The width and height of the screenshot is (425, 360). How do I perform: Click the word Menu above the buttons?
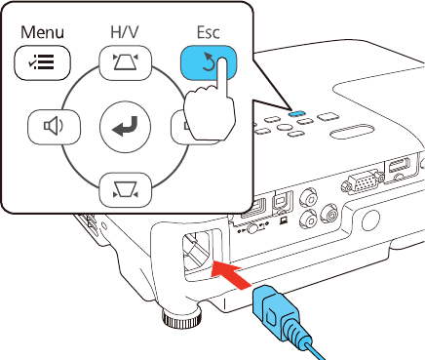pyautogui.click(x=42, y=32)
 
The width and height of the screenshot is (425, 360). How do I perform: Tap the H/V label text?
pyautogui.click(x=125, y=32)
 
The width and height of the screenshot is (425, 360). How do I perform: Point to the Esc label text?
pyautogui.click(x=209, y=32)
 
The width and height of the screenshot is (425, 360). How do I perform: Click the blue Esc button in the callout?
pyautogui.click(x=209, y=62)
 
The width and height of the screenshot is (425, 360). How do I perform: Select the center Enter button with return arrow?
pyautogui.click(x=125, y=127)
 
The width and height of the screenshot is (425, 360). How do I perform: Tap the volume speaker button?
pyautogui.click(x=54, y=127)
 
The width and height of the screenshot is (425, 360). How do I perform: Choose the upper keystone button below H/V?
pyautogui.click(x=125, y=62)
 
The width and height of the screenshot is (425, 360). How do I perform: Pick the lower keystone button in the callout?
pyautogui.click(x=125, y=190)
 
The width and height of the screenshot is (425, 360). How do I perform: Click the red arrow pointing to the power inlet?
pyautogui.click(x=231, y=271)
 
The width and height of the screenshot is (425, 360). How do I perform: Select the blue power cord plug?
pyautogui.click(x=280, y=312)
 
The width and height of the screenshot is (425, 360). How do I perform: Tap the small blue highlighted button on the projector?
pyautogui.click(x=296, y=113)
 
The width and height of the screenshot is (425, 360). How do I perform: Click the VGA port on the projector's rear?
pyautogui.click(x=362, y=183)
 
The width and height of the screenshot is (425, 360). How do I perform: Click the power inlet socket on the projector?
pyautogui.click(x=199, y=251)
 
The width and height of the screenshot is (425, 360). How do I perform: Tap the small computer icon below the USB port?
pyautogui.click(x=283, y=221)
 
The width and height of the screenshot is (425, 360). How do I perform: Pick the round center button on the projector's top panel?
pyautogui.click(x=284, y=127)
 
